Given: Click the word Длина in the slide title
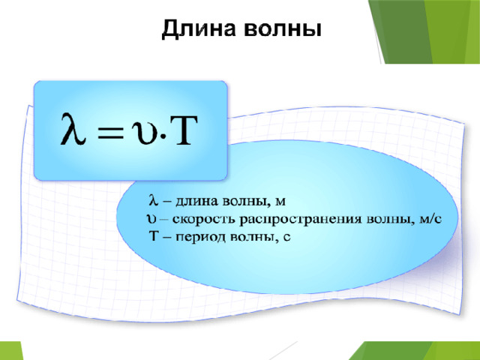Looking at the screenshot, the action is pyautogui.click(x=199, y=29).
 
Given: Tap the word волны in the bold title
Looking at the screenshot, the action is pyautogui.click(x=283, y=30).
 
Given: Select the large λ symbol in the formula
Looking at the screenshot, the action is pyautogui.click(x=73, y=128).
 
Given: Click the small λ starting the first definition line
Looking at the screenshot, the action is pyautogui.click(x=153, y=201).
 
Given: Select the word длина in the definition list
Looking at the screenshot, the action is pyautogui.click(x=196, y=202).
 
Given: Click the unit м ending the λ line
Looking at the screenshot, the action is pyautogui.click(x=280, y=202).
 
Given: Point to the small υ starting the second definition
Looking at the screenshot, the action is pyautogui.click(x=151, y=219).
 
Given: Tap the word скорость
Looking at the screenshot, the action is pyautogui.click(x=204, y=220).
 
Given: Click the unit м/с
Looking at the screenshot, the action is pyautogui.click(x=430, y=219).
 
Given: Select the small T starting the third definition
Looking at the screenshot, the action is pyautogui.click(x=153, y=236).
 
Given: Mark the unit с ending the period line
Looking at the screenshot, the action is pyautogui.click(x=286, y=238).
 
